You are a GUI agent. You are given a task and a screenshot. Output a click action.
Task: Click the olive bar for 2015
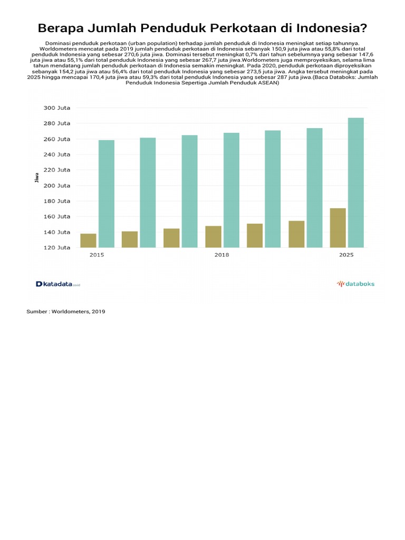tap(88, 240)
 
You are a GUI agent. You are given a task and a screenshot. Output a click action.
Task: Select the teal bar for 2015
tap(107, 194)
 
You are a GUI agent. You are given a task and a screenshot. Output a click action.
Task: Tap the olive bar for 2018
tap(213, 237)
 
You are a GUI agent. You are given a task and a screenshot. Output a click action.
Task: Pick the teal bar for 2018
tap(232, 190)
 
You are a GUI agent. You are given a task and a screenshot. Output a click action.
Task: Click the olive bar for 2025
tap(338, 228)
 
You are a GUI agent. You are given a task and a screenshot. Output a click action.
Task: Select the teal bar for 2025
tap(356, 182)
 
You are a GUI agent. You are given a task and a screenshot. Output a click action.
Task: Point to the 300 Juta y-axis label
tap(57, 108)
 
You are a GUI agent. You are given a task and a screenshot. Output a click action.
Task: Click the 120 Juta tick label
tap(57, 247)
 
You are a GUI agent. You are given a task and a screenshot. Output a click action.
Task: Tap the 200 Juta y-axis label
tap(57, 186)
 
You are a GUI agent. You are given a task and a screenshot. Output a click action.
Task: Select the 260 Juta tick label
tap(57, 139)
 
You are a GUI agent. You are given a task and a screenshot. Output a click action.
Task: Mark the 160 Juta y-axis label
tap(57, 216)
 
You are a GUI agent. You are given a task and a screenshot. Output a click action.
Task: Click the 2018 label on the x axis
tap(221, 255)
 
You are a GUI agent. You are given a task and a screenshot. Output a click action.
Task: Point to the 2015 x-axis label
tap(97, 255)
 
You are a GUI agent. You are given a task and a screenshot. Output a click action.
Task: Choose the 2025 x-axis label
tap(346, 255)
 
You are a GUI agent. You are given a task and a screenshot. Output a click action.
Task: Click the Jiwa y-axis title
tap(37, 178)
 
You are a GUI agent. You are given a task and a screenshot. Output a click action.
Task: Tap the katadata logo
tap(57, 284)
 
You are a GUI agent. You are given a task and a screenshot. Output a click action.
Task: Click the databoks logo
tap(356, 284)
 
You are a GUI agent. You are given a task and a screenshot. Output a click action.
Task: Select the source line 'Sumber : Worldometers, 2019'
tap(66, 312)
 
